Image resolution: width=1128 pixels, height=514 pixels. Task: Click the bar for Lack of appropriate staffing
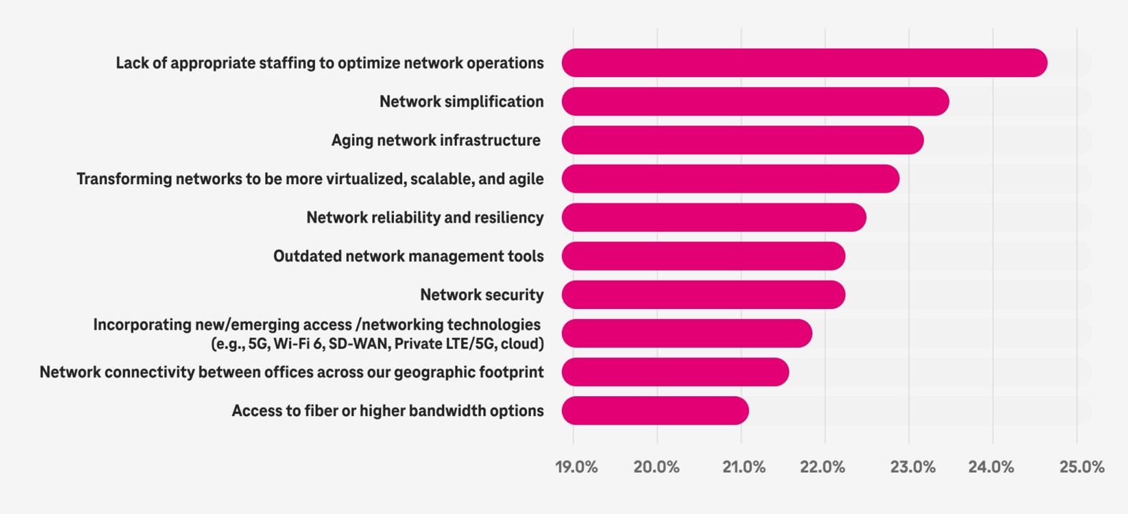tap(804, 63)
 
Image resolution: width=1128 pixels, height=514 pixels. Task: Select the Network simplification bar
tap(755, 101)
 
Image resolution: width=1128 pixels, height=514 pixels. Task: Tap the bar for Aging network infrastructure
tap(742, 140)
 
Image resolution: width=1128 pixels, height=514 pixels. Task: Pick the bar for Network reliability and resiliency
tap(714, 217)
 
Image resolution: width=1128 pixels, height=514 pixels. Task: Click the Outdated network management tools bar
tap(703, 256)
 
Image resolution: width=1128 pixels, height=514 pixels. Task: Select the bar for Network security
tap(703, 294)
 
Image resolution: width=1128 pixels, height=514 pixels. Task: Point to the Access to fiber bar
tap(655, 410)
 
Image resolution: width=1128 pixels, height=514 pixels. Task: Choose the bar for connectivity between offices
tap(675, 372)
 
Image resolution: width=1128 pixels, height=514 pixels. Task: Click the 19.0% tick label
tap(576, 467)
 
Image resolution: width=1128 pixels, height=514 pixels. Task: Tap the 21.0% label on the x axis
tap(743, 467)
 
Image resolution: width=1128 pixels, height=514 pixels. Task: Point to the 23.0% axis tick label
tap(912, 467)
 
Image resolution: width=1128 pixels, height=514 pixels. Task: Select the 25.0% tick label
tap(1081, 467)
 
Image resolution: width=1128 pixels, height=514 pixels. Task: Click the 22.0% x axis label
tap(822, 467)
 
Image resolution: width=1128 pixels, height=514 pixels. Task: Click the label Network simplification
tap(461, 101)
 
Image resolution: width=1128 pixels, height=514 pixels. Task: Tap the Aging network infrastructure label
tap(435, 140)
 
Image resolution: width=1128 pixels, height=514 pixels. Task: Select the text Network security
tap(481, 294)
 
